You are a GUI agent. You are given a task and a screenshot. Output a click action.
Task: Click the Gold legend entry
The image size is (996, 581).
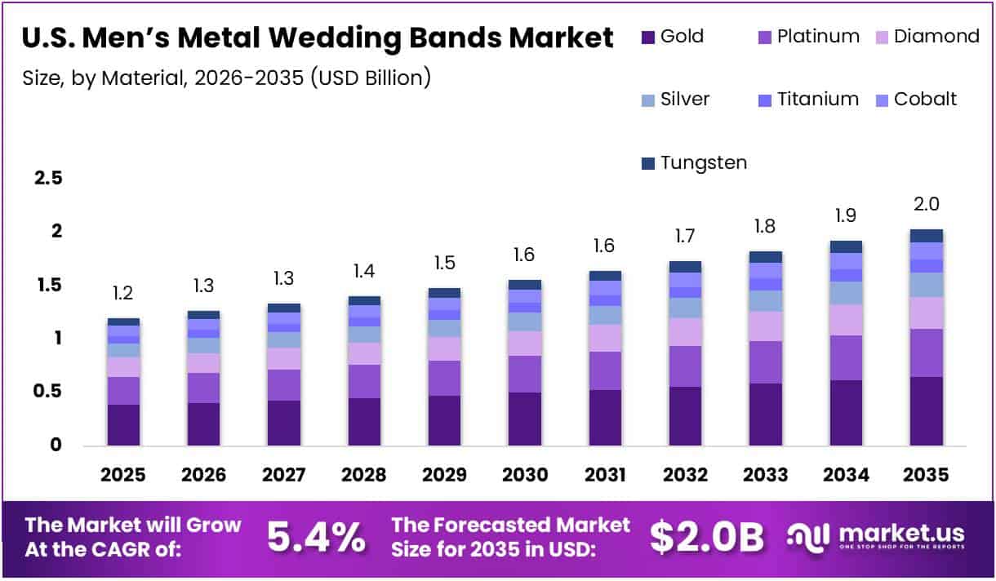tap(681, 37)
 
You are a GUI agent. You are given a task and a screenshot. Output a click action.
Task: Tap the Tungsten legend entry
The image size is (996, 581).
tap(703, 163)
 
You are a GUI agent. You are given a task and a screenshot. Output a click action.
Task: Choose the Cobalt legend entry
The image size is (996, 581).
tap(925, 100)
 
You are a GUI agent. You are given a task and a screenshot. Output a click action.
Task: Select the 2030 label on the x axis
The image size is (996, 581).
tap(523, 475)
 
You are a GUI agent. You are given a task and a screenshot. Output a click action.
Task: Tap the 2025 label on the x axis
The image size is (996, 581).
tap(123, 475)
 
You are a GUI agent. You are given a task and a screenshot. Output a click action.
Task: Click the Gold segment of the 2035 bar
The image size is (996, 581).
tap(927, 410)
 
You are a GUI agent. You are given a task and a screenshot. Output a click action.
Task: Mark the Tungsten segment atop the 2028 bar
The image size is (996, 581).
tap(363, 300)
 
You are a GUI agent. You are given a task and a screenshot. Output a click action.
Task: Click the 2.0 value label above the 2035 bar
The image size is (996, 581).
tap(927, 204)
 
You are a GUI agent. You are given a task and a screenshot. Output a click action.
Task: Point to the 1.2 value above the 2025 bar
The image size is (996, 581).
tap(123, 293)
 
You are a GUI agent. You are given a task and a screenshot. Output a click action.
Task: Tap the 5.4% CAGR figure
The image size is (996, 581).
tap(316, 536)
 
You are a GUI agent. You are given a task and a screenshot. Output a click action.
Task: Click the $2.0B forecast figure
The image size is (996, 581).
tap(707, 536)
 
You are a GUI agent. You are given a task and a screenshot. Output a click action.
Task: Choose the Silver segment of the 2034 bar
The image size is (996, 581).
tap(847, 293)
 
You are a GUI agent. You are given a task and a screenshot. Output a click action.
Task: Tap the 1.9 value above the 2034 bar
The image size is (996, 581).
tap(847, 216)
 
